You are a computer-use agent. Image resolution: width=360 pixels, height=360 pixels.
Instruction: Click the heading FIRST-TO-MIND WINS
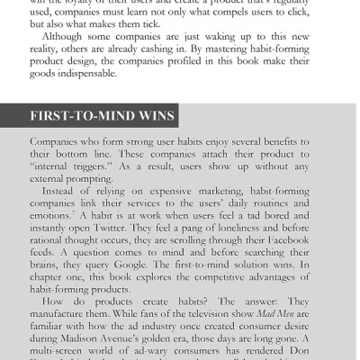tap(103, 117)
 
